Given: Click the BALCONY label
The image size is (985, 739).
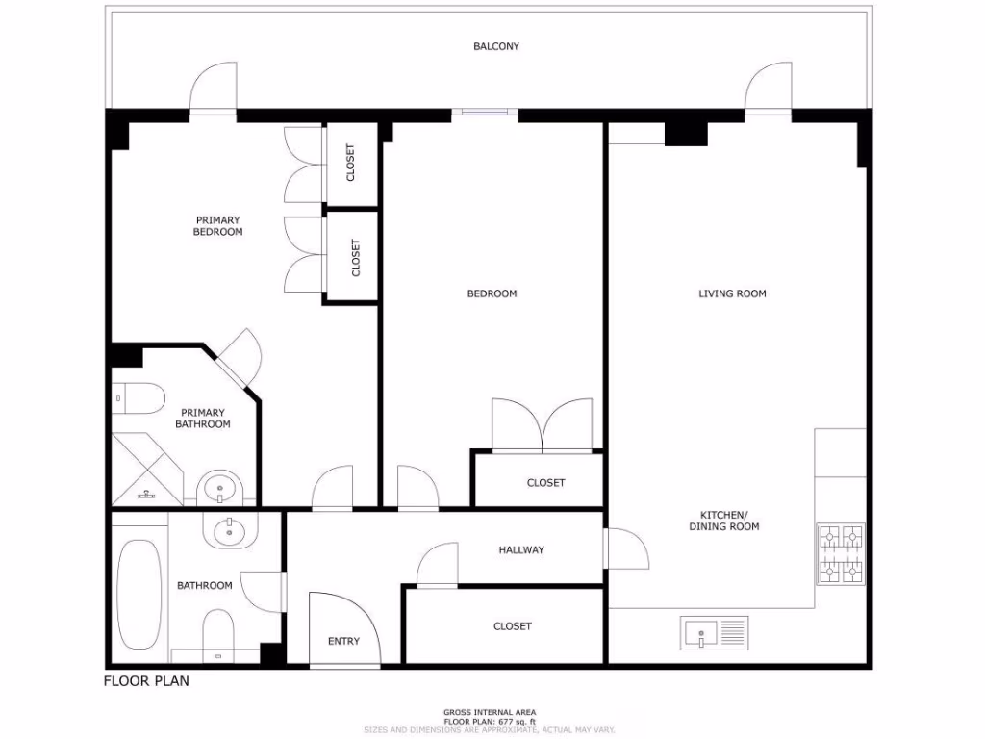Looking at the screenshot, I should (x=495, y=46).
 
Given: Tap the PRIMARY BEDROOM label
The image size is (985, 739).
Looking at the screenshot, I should (x=217, y=226).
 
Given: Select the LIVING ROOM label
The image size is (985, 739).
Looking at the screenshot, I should (x=732, y=293).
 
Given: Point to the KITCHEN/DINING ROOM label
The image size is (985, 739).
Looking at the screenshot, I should (x=723, y=521).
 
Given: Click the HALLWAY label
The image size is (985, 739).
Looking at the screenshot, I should (x=521, y=550).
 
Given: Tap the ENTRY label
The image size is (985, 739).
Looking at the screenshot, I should (x=343, y=641).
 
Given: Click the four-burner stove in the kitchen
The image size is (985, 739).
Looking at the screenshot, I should (x=841, y=554).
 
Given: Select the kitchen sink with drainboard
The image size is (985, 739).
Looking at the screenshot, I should (x=714, y=632).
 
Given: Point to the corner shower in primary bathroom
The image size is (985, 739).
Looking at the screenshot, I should (x=145, y=470).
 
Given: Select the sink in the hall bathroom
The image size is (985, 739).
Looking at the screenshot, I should (x=229, y=529).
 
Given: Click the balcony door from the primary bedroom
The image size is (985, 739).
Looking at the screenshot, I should (x=213, y=89).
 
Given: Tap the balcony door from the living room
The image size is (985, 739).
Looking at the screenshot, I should (x=768, y=89).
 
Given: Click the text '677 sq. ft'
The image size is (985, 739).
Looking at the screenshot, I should (x=515, y=721).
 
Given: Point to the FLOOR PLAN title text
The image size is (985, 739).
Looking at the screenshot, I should (x=146, y=681).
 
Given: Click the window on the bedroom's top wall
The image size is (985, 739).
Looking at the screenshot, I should (x=485, y=114).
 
